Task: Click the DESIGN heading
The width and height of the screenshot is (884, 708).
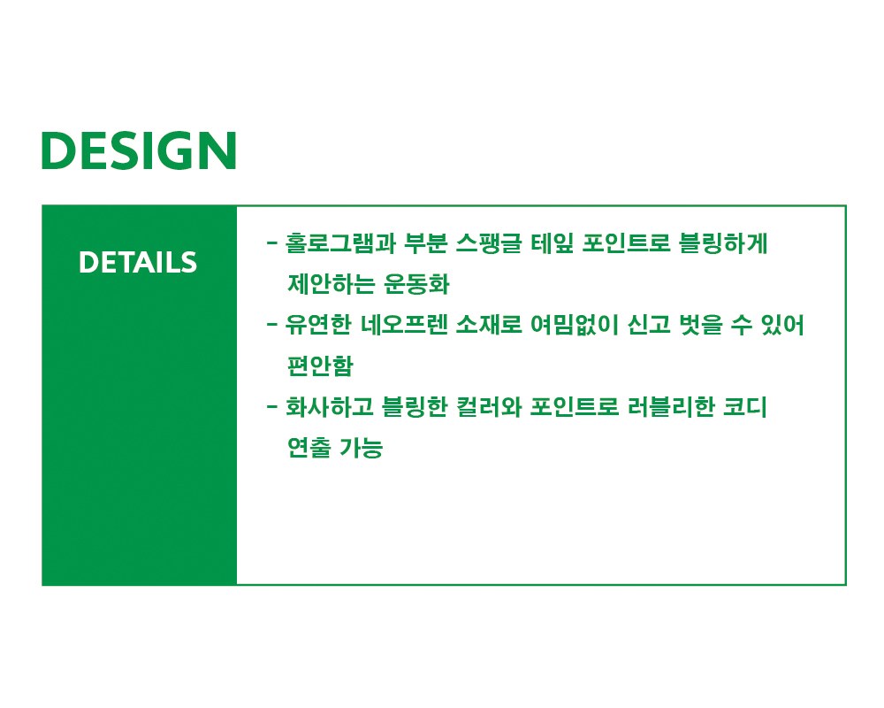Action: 139,150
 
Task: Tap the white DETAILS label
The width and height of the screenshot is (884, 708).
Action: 138,263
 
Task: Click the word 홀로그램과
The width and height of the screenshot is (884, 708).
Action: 340,242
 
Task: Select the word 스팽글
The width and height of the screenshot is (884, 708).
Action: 489,242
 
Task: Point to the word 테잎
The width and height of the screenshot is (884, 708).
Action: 552,242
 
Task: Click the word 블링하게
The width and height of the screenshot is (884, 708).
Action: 723,242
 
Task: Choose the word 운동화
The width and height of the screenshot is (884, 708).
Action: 416,283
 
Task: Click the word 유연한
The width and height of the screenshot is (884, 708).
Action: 318,325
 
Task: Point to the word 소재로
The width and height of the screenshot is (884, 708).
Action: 489,325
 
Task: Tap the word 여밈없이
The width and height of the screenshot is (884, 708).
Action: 575,325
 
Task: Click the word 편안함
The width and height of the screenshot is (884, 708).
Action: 320,366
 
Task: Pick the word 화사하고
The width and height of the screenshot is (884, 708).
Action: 329,406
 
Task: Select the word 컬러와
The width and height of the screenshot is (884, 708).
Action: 489,406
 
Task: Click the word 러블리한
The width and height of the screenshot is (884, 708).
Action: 671,406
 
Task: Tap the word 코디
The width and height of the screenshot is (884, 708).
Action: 745,406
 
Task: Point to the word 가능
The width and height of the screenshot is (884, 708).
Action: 361,447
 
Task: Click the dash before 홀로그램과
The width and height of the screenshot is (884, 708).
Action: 272,243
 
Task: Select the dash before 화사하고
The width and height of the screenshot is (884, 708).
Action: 272,407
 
